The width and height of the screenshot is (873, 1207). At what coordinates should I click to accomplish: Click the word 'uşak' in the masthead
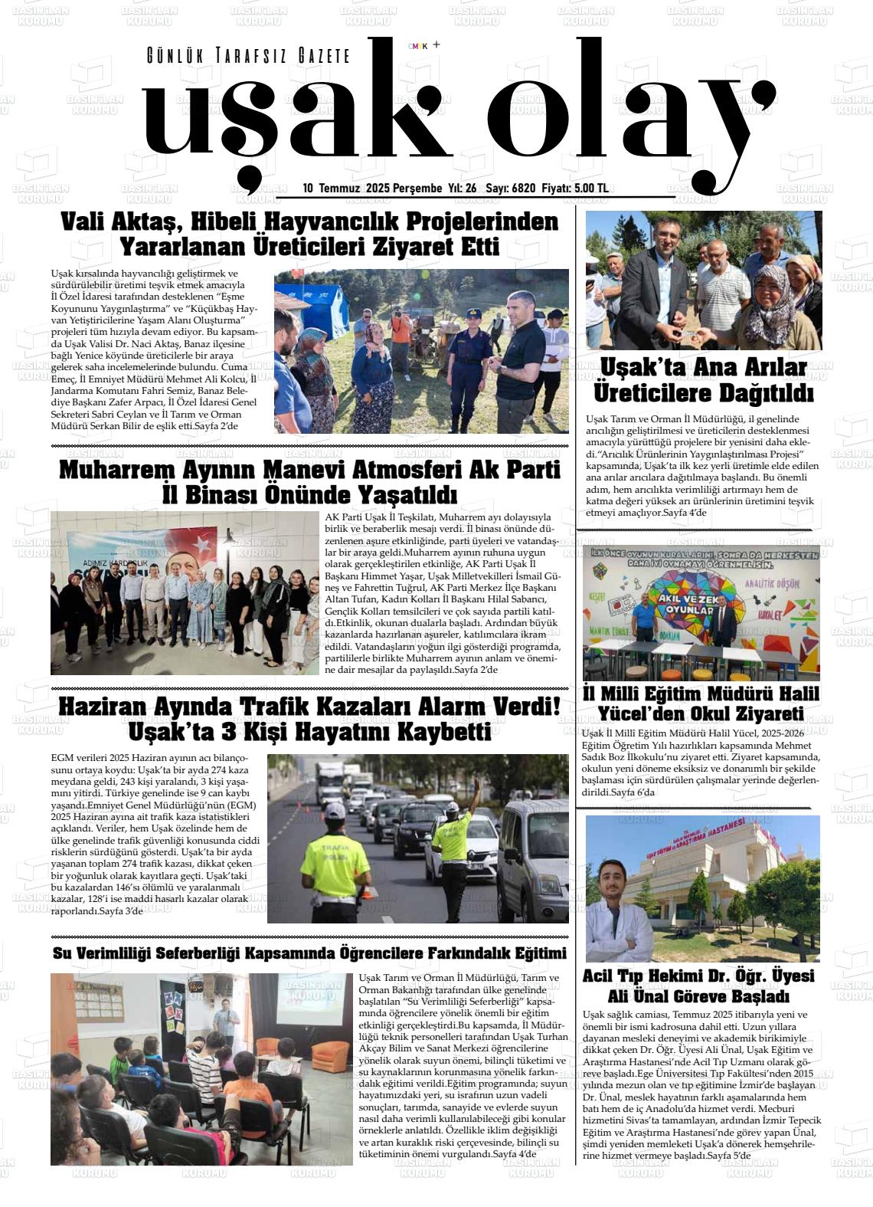(295, 123)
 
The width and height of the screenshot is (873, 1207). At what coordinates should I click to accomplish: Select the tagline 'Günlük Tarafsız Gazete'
(248, 56)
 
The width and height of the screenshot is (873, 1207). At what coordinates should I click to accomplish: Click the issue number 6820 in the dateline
(523, 189)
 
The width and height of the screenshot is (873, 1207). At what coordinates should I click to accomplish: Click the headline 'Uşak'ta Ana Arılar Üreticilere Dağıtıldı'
(703, 381)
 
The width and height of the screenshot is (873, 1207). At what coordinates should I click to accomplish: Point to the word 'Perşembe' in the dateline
(418, 189)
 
